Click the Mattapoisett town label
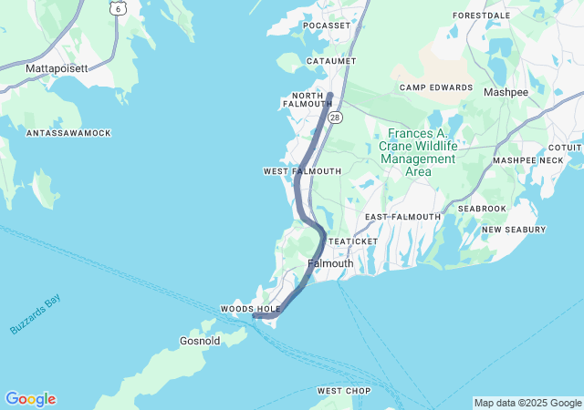tap(57, 68)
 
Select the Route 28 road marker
tap(336, 118)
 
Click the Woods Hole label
tap(250, 310)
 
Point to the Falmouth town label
tap(330, 263)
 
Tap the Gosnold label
tap(199, 342)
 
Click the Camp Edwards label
tap(436, 87)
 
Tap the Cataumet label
tap(330, 61)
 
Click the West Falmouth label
tap(302, 171)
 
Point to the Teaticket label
tap(347, 241)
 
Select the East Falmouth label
tap(402, 217)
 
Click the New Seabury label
tap(514, 230)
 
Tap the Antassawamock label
tap(68, 133)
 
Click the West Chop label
tap(343, 391)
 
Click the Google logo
tap(30, 399)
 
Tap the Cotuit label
tap(565, 147)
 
